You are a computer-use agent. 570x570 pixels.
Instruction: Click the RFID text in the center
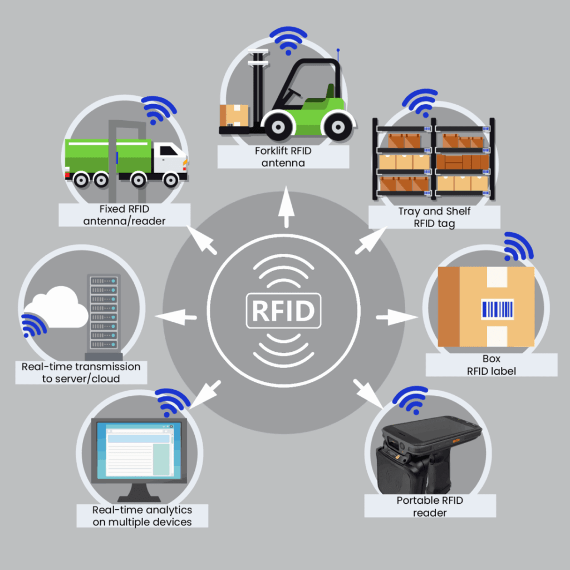coord(284,311)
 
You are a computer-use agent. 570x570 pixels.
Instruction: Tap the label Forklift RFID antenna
coord(283,156)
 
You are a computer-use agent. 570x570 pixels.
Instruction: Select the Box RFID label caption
coord(492,364)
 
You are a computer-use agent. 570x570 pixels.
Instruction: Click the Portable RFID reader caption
coord(430,506)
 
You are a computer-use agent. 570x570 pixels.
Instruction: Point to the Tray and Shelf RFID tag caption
coord(434,217)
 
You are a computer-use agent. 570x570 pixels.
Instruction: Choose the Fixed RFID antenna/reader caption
coord(124,215)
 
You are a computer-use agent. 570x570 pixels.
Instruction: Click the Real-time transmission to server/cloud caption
coord(81,372)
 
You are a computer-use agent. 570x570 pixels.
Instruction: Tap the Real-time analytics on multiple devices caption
coord(142,515)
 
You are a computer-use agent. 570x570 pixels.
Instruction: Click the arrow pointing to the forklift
coord(287,207)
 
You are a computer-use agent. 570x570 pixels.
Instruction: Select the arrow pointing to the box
coord(396,318)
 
